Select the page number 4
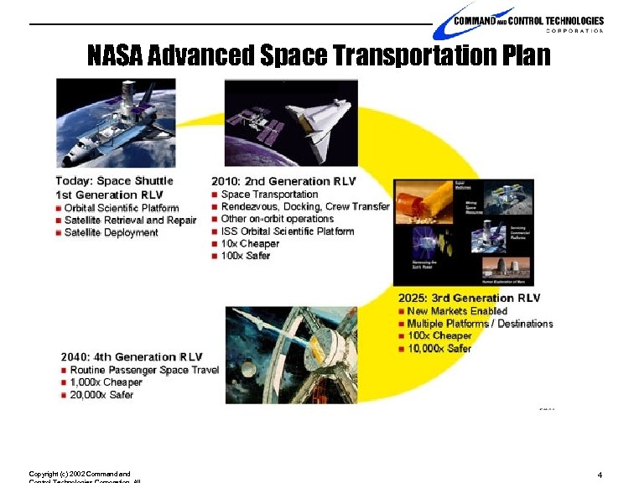(x=600, y=475)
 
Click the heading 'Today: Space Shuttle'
(x=115, y=180)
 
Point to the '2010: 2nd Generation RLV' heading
(x=283, y=181)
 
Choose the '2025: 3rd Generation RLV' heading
(x=469, y=298)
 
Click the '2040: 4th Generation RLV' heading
(x=131, y=357)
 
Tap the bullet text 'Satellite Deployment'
(x=112, y=232)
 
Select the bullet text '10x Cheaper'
(x=250, y=243)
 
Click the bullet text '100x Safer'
(x=246, y=256)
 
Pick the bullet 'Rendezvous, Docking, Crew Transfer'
(x=305, y=206)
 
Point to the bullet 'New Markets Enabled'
(x=457, y=311)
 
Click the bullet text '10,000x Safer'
(x=439, y=349)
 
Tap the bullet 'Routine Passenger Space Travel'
(x=144, y=370)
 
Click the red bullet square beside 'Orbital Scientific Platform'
(x=59, y=208)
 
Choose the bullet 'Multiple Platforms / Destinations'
(x=480, y=324)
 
